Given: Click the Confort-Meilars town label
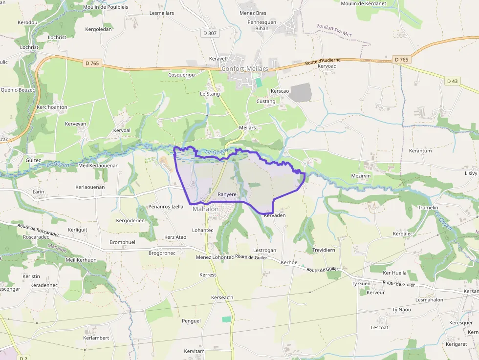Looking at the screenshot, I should click(x=244, y=69).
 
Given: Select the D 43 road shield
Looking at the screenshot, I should click(x=452, y=81).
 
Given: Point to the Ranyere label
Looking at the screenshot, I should click(x=227, y=194).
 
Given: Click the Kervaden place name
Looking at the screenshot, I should click(x=274, y=215).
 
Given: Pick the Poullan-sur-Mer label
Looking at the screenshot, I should click(x=334, y=30).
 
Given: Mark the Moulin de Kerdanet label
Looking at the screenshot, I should click(x=363, y=3).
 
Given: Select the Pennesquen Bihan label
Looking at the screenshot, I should click(x=262, y=25).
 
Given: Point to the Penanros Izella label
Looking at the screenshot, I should click(x=166, y=207).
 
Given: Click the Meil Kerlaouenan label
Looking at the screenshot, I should click(x=98, y=166).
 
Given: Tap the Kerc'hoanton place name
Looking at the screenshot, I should click(x=52, y=107).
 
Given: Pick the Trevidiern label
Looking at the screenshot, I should click(x=324, y=250).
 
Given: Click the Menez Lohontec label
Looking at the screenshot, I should click(x=215, y=257).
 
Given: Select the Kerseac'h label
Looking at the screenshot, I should click(x=222, y=297).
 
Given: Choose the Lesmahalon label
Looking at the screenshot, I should click(x=429, y=300).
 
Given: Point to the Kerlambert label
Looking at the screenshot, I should click(x=96, y=338).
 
